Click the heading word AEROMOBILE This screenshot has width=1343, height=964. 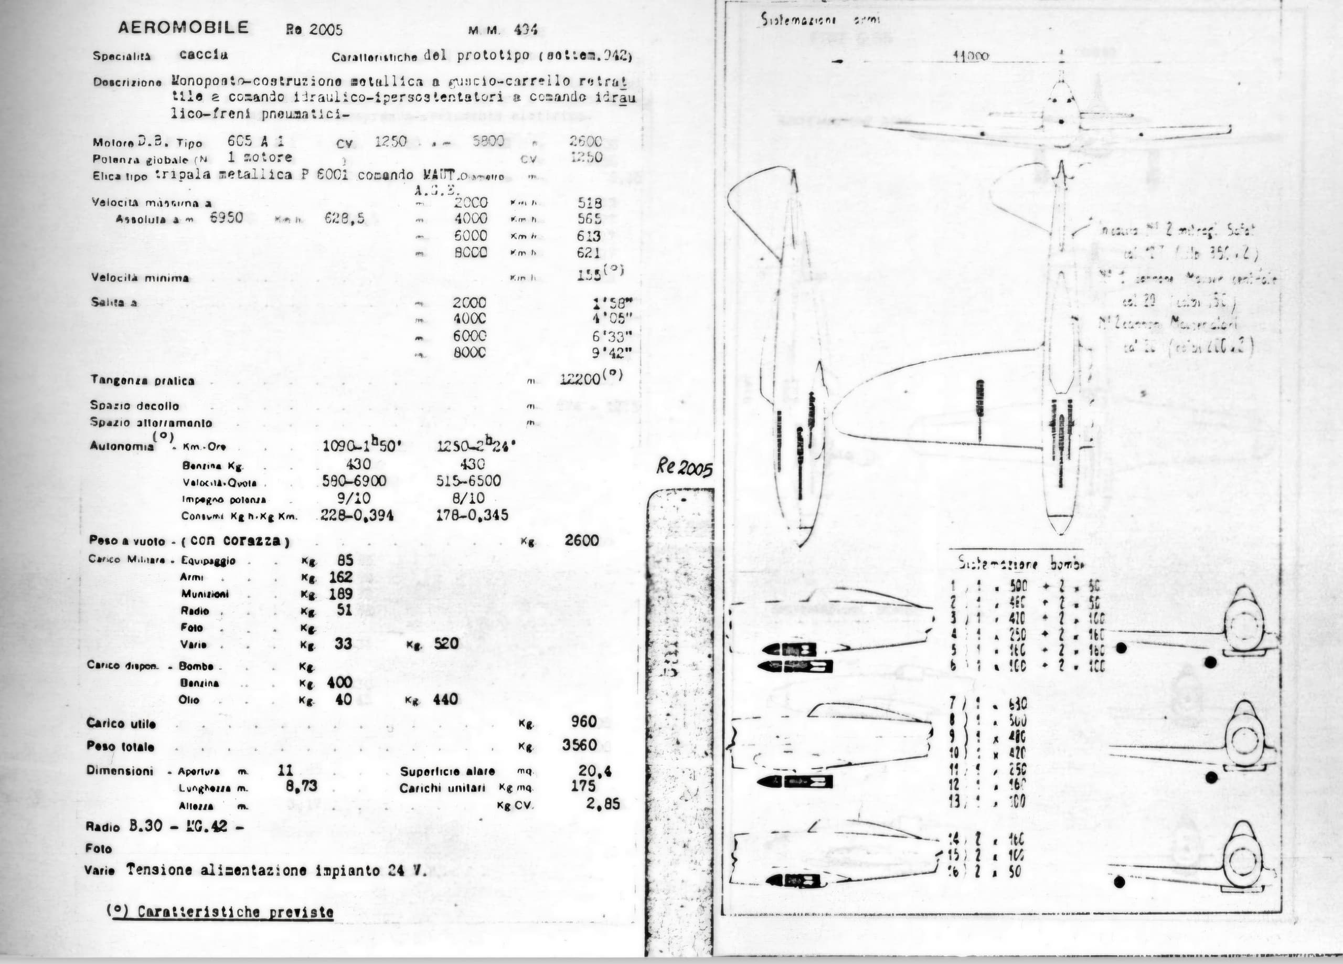[x=184, y=27]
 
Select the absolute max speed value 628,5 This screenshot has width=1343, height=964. [x=344, y=219]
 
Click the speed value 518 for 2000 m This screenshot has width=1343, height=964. [x=589, y=203]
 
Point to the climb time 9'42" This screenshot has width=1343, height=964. [x=612, y=353]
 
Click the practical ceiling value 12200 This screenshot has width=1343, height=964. [x=580, y=380]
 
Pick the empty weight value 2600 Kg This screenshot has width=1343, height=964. [x=581, y=541]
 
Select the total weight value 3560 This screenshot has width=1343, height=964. [x=579, y=745]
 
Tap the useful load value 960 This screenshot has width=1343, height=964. [x=584, y=722]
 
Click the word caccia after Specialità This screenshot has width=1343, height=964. [x=203, y=55]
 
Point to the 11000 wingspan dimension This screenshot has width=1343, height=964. [x=971, y=57]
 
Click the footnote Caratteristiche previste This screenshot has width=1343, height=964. [x=220, y=912]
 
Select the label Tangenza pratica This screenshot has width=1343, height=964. [x=142, y=381]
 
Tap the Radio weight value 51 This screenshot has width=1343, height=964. [x=345, y=610]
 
